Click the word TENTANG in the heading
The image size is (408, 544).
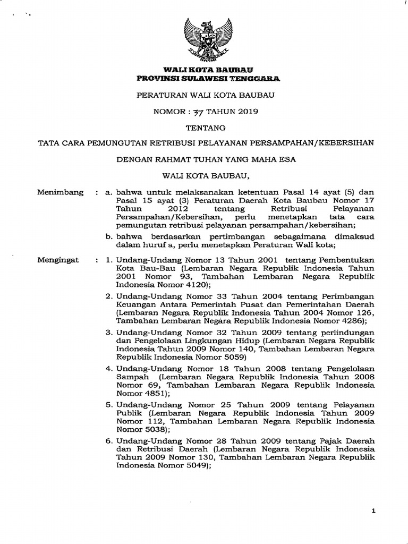click(205, 127)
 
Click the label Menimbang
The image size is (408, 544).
click(60, 193)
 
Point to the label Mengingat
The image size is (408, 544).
click(58, 260)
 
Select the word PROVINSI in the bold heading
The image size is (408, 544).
click(156, 79)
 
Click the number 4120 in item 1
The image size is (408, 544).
click(189, 284)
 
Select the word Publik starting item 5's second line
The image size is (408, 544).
click(129, 412)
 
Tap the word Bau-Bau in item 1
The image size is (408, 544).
click(156, 268)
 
